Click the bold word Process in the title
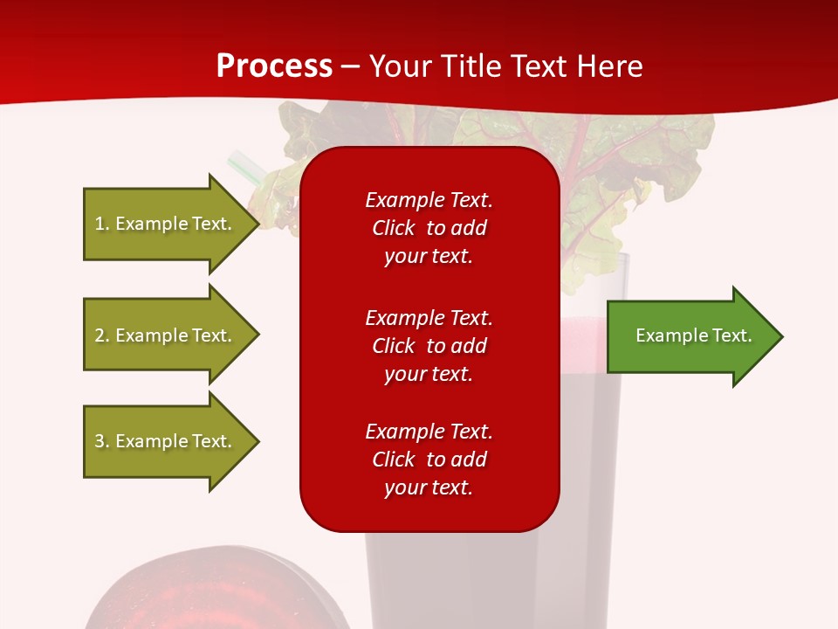coord(274,66)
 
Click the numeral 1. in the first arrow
coord(102,224)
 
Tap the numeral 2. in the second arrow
coord(102,335)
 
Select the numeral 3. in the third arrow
coord(102,441)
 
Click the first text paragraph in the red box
coord(429,228)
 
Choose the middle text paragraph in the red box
coord(429,346)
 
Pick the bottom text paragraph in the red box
coord(429,460)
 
